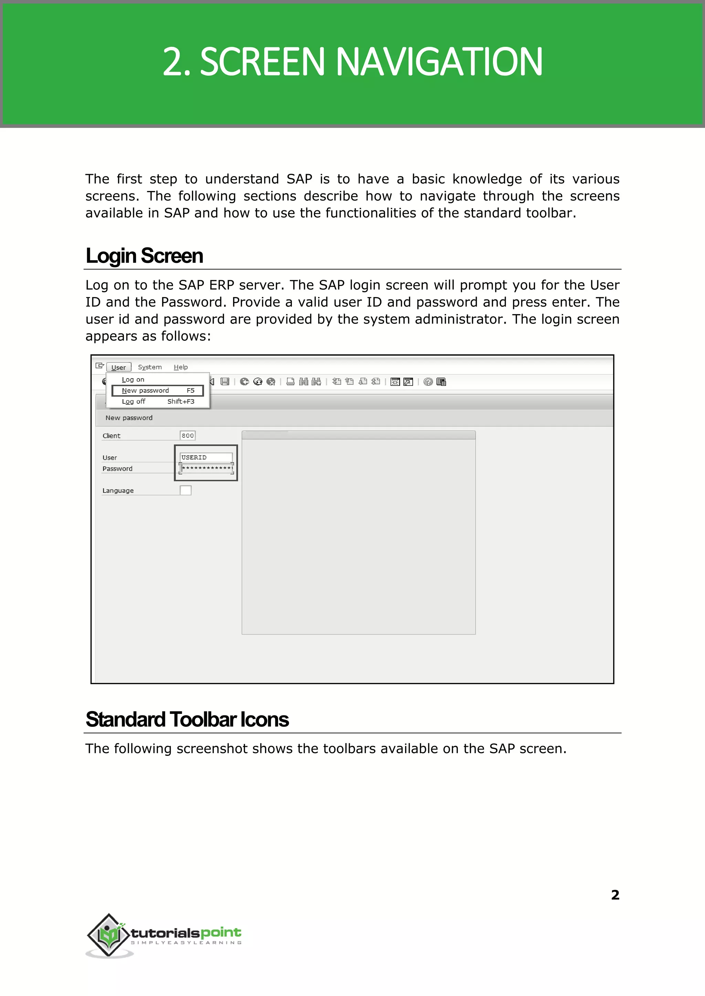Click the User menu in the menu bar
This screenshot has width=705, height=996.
point(118,367)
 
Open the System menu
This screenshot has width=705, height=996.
point(150,367)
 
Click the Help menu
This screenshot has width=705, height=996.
point(181,367)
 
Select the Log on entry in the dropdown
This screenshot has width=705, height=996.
point(133,379)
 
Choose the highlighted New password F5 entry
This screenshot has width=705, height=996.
point(157,391)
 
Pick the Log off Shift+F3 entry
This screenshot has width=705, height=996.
point(157,401)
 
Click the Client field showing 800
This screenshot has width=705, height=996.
point(188,435)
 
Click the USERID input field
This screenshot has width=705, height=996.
point(206,457)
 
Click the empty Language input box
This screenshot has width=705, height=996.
point(185,490)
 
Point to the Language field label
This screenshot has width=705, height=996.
point(118,490)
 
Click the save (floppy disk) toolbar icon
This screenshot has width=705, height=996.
point(225,381)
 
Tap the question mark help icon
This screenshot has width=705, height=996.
point(428,381)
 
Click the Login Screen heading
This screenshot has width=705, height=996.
point(144,256)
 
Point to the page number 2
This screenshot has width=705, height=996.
point(615,894)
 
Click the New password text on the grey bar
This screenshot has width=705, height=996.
point(129,418)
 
